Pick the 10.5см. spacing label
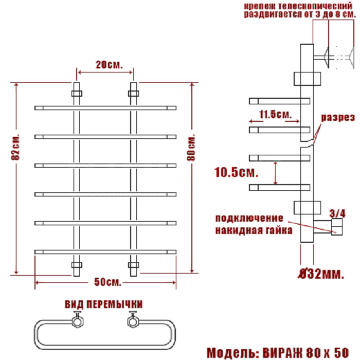coord(236,172)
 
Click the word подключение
coord(249,217)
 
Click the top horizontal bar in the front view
coord(105,107)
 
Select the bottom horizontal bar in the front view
coord(105,251)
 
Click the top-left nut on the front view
coord(77,94)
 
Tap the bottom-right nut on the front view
coord(133,266)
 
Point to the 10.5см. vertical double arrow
coord(277,172)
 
